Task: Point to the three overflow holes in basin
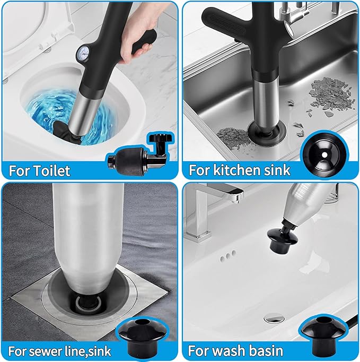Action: click(x=229, y=256)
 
